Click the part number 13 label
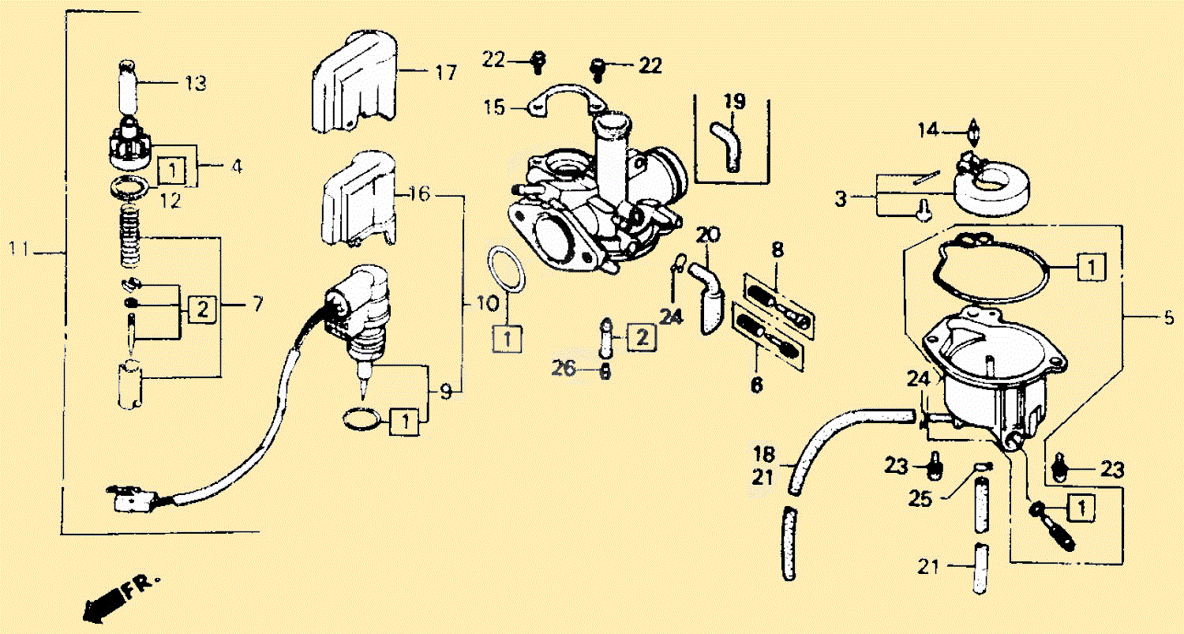(x=195, y=83)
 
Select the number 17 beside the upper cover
(x=445, y=73)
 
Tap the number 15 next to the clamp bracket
(x=495, y=107)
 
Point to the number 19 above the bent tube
(x=734, y=101)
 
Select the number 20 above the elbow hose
(x=708, y=234)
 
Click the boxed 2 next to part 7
(x=202, y=309)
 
